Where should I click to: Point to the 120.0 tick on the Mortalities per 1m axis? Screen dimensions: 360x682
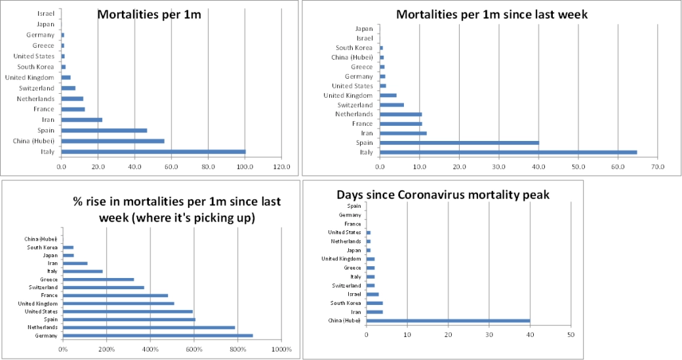(281, 167)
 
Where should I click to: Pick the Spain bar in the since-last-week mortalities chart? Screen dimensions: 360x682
(459, 142)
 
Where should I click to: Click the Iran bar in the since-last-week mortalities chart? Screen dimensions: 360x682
(403, 133)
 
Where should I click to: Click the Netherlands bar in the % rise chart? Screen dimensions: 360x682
(149, 327)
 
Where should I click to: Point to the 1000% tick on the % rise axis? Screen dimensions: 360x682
(281, 350)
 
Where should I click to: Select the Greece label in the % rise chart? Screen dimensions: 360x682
(49, 279)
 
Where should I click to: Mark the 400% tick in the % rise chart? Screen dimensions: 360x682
(150, 350)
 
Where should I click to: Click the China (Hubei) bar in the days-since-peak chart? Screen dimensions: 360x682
(448, 321)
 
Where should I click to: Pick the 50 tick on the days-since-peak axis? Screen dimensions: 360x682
(571, 334)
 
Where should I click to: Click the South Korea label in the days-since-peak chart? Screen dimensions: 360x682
(346, 303)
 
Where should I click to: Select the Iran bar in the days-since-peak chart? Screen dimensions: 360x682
(374, 311)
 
